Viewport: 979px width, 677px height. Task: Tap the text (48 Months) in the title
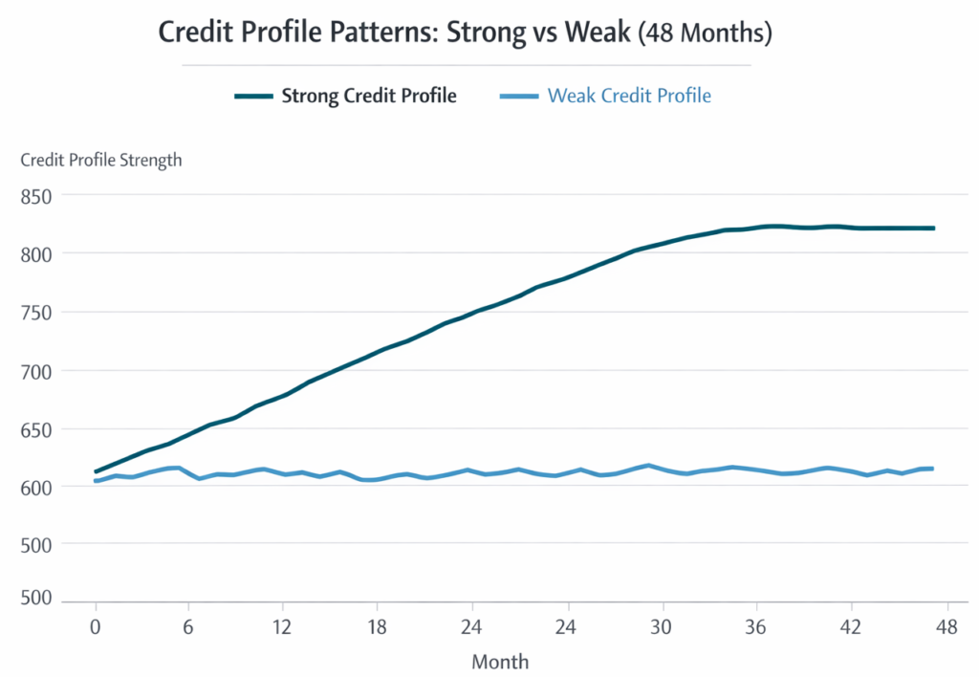pos(704,33)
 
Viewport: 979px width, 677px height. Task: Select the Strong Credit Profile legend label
pos(368,96)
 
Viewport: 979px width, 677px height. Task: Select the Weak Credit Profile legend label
pos(629,96)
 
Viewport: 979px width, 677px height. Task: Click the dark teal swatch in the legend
pos(253,97)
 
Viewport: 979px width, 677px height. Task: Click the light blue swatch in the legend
pos(519,97)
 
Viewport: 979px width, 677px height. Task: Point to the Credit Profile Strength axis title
pos(101,160)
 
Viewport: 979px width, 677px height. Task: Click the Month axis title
pos(500,661)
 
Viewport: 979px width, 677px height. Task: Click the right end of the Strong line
pos(932,228)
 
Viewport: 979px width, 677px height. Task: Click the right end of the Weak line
pos(931,469)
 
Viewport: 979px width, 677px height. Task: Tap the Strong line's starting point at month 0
pos(97,471)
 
